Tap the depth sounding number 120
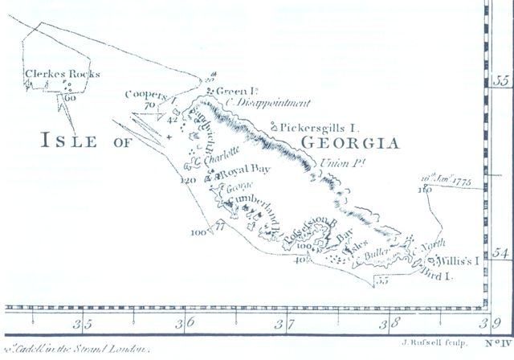(x=190, y=180)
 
